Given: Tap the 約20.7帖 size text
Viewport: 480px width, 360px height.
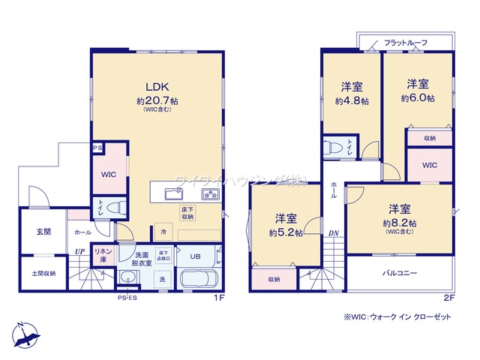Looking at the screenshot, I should click(x=157, y=100).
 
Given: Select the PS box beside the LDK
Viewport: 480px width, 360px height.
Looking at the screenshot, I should click(x=97, y=148).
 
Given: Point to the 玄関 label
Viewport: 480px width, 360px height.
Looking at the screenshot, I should click(x=43, y=232).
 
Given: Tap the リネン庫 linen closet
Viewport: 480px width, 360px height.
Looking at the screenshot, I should click(x=103, y=254).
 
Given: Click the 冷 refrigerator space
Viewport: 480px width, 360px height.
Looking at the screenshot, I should click(x=163, y=232).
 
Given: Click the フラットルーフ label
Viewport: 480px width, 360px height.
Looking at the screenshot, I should click(x=405, y=43).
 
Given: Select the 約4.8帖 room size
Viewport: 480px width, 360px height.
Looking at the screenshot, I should click(x=350, y=99).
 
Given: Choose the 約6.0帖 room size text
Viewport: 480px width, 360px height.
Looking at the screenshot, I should click(x=418, y=97).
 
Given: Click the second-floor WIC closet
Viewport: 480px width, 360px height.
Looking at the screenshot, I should click(x=430, y=165).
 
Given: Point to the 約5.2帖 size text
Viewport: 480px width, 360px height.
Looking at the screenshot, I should click(x=286, y=232).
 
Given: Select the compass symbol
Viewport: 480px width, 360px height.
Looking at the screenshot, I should click(x=25, y=334).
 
